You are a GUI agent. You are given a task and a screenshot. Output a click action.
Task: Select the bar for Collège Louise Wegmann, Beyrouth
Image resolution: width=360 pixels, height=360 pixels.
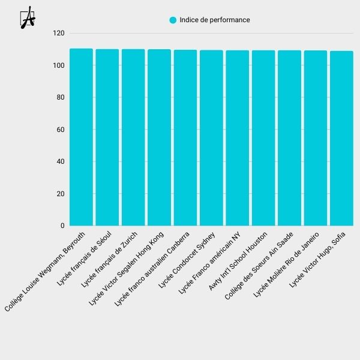(81, 137)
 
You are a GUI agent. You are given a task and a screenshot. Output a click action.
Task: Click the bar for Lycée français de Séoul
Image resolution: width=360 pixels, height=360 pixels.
(107, 137)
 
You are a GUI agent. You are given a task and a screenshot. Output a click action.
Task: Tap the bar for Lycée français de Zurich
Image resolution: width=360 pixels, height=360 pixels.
(133, 137)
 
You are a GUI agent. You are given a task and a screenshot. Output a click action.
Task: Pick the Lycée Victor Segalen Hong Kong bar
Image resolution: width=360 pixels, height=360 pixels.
(159, 137)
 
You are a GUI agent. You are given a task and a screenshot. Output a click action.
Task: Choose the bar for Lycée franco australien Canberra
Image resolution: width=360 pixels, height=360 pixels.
(185, 138)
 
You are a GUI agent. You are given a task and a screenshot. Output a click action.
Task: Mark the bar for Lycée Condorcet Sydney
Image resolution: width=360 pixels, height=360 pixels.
(211, 138)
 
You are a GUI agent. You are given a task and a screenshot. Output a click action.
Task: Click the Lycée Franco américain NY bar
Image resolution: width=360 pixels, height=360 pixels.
(237, 138)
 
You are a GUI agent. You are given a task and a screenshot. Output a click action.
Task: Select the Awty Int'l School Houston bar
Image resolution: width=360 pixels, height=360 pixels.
(263, 138)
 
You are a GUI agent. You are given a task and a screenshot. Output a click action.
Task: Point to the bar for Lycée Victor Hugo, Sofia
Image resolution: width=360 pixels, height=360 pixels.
(341, 139)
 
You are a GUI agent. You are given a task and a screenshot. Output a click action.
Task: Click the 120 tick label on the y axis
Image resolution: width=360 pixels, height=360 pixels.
(58, 34)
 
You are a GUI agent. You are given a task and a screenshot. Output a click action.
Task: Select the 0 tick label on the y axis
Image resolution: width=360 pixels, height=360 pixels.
(62, 226)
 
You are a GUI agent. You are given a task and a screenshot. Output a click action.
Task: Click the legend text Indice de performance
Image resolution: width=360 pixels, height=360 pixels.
(215, 20)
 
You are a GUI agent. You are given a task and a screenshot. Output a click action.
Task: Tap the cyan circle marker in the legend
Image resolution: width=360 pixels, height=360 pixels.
(173, 20)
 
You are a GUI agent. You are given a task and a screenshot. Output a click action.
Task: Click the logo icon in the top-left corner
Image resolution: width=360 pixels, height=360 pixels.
(28, 19)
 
